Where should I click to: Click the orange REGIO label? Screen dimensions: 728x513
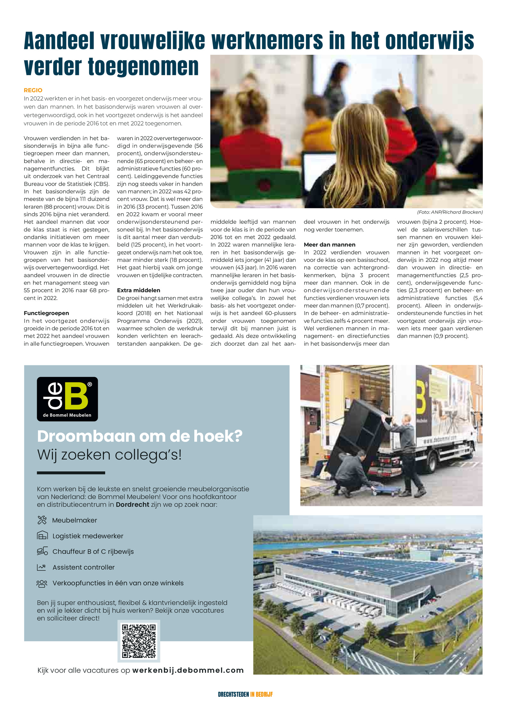33,90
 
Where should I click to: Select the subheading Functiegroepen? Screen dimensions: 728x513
46,313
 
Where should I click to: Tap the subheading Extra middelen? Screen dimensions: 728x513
139,290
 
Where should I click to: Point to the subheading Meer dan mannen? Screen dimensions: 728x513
329,245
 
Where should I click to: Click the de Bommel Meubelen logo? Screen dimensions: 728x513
67,399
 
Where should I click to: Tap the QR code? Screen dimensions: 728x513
139,641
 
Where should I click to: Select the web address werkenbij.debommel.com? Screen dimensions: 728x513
188,670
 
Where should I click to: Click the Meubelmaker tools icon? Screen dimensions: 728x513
42,520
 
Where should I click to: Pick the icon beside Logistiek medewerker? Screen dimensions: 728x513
42,536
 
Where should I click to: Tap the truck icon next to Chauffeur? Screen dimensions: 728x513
42,551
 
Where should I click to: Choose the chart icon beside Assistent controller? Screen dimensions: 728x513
42,567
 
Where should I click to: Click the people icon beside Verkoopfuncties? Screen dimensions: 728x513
42,583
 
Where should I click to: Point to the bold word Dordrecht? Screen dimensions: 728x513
132,505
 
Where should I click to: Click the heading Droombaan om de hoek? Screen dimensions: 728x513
140,436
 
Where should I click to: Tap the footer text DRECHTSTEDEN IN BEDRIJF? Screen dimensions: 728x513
245,694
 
